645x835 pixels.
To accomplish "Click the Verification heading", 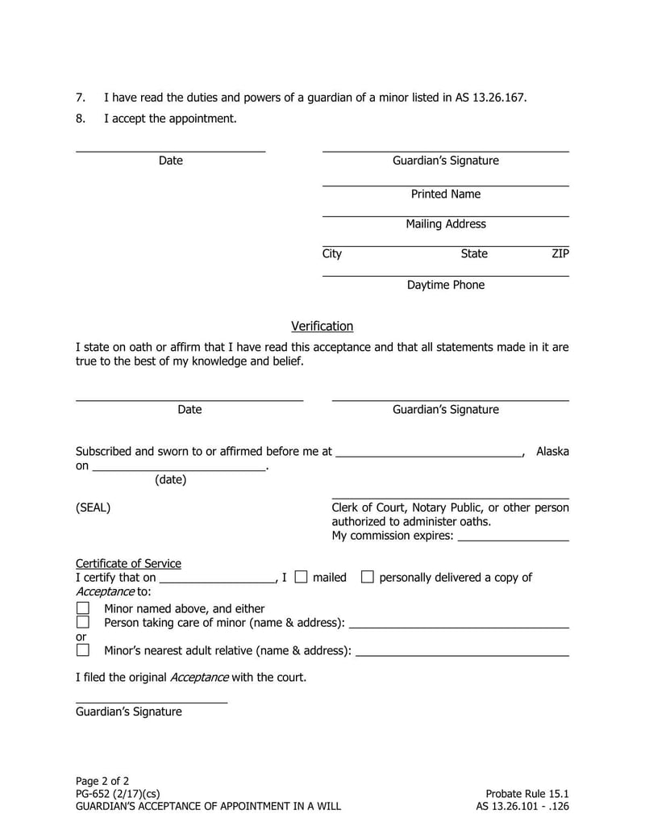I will click(322, 327).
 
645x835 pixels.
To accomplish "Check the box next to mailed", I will click(301, 577).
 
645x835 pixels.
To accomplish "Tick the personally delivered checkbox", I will click(367, 577).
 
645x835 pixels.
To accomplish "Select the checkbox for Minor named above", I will click(82, 608).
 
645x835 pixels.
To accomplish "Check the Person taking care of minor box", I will click(82, 622).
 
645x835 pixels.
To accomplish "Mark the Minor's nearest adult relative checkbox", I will click(82, 649).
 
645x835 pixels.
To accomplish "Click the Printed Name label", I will click(445, 194).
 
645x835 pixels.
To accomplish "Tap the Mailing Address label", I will click(445, 224).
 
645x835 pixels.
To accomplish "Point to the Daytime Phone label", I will click(445, 285).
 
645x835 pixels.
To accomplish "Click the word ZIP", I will click(560, 254).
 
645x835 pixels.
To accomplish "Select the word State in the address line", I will click(474, 254).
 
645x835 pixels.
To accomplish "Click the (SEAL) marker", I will click(93, 508).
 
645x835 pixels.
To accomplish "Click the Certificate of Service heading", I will click(128, 563).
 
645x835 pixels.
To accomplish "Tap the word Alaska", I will click(552, 452).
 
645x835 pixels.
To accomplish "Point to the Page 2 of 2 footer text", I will click(102, 781).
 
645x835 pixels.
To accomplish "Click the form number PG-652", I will click(94, 793).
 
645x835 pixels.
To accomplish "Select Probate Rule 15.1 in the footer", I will click(527, 793).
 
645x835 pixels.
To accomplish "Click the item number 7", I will click(80, 98).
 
